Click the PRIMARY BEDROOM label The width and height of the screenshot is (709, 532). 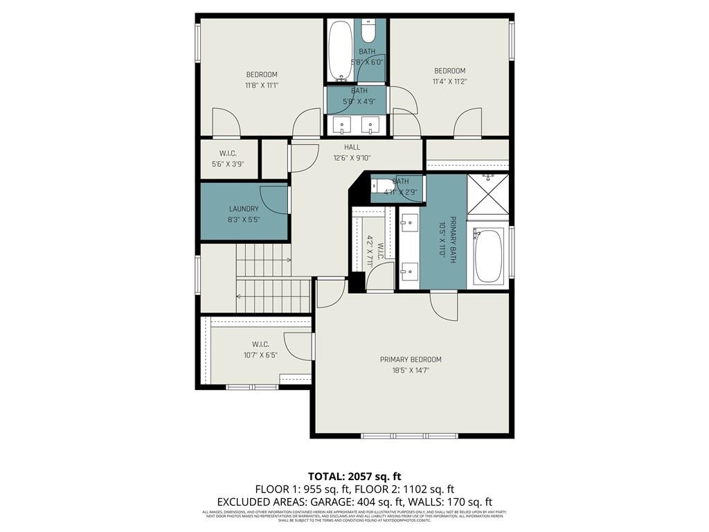pyautogui.click(x=410, y=360)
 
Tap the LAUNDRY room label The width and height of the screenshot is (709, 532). pyautogui.click(x=244, y=209)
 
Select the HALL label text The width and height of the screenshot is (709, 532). pyautogui.click(x=352, y=147)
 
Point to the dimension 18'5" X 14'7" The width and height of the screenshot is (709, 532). pyautogui.click(x=410, y=371)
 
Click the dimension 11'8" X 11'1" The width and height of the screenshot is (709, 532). pyautogui.click(x=261, y=86)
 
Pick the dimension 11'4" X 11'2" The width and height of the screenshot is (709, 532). pyautogui.click(x=449, y=81)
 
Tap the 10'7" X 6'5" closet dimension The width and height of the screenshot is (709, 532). pyautogui.click(x=260, y=355)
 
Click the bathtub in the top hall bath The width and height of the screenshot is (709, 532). pyautogui.click(x=339, y=50)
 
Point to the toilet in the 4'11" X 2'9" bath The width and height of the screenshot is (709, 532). pyautogui.click(x=382, y=186)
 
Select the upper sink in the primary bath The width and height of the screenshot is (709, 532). pyautogui.click(x=409, y=224)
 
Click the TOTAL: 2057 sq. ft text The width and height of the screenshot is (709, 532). pyautogui.click(x=354, y=476)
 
